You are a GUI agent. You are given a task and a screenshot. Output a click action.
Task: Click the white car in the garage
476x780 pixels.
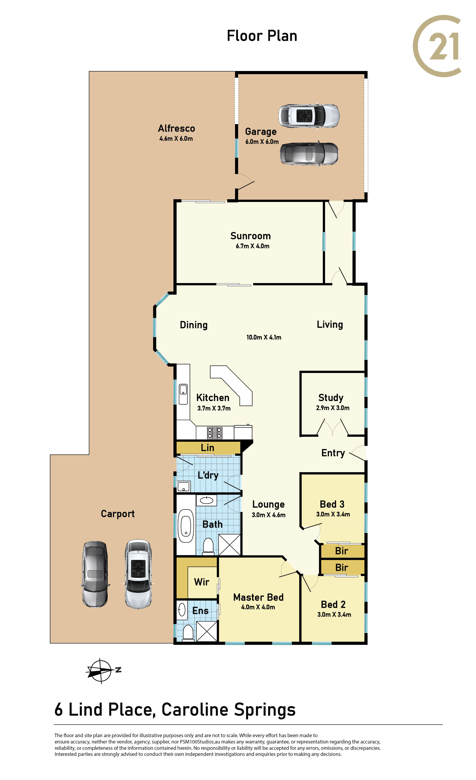point(309,116)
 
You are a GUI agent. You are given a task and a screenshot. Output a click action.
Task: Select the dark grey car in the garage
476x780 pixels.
point(309,153)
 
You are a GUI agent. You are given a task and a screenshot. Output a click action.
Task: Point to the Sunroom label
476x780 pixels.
point(250,236)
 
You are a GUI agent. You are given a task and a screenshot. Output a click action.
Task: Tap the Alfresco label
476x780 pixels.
point(176,128)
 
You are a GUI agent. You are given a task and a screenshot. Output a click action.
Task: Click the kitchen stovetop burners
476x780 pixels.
point(215,433)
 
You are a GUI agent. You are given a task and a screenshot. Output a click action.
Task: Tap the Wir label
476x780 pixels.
point(201,582)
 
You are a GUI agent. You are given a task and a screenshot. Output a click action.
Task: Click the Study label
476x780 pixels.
point(331,398)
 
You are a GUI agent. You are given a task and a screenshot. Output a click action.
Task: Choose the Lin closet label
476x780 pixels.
point(207,448)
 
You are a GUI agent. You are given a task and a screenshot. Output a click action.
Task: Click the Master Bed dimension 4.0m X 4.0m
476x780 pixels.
point(258,607)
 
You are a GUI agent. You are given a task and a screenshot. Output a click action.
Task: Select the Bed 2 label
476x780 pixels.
point(333,605)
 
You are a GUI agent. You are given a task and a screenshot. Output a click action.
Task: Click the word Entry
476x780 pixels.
point(333,453)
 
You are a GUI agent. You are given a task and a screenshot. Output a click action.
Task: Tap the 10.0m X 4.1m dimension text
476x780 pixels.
point(264,337)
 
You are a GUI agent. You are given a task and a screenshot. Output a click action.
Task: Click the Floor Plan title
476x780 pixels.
point(262,36)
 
